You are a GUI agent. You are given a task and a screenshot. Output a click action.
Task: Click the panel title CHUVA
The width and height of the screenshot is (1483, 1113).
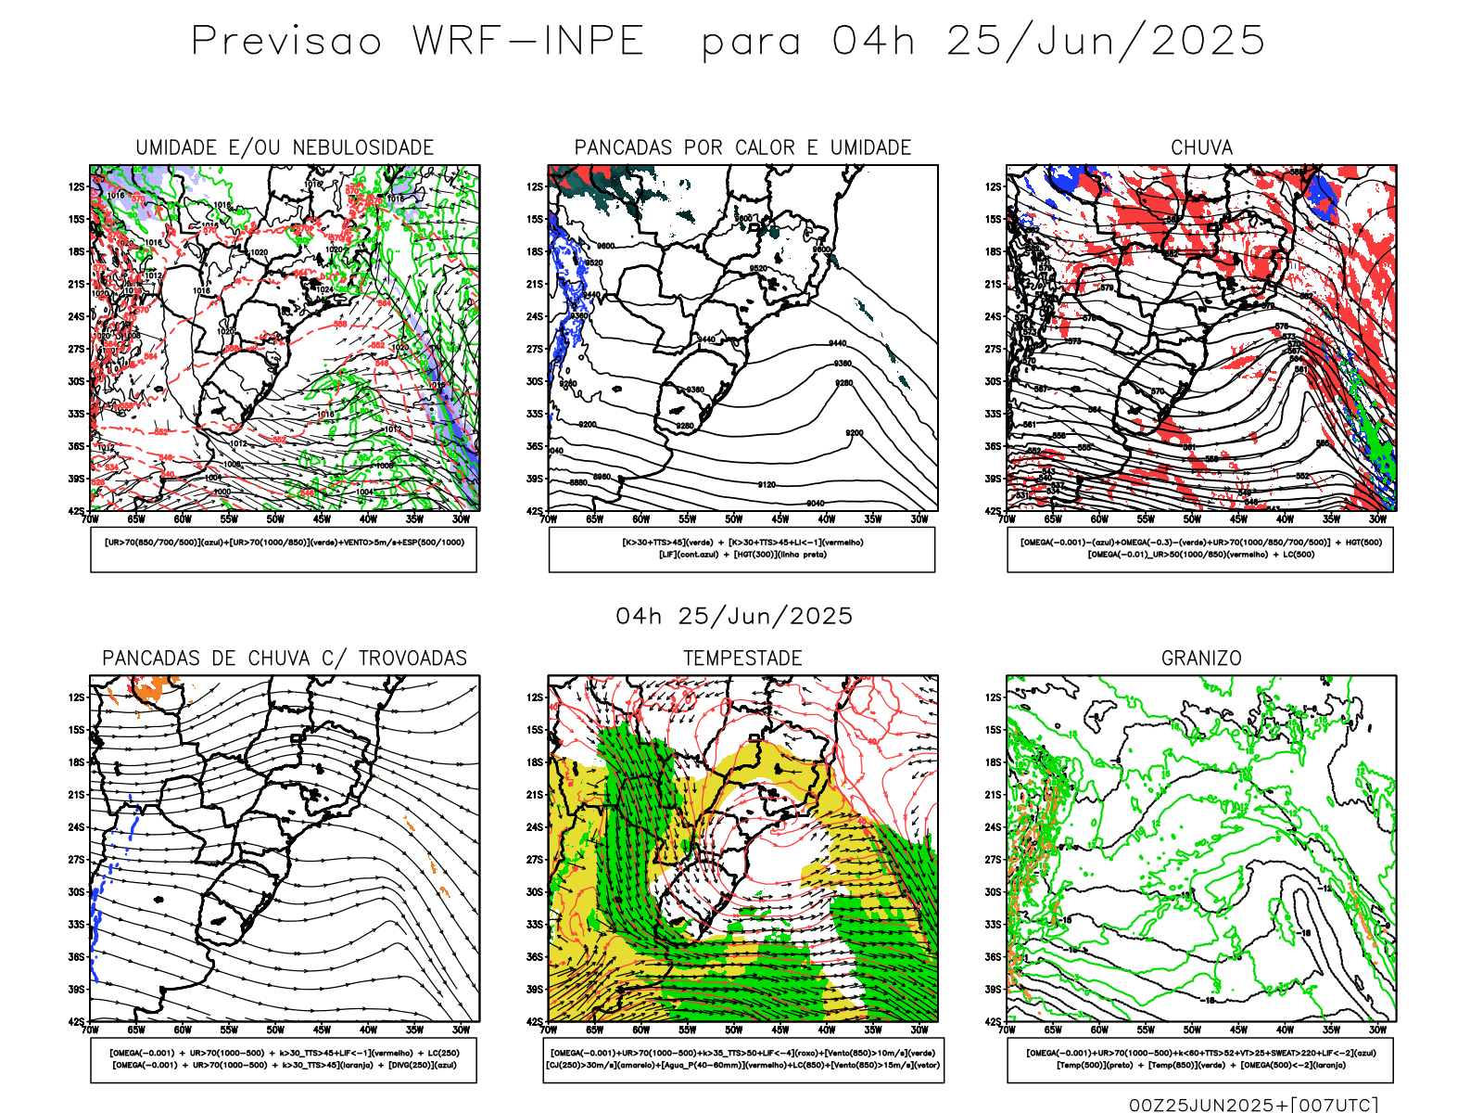click(x=1201, y=147)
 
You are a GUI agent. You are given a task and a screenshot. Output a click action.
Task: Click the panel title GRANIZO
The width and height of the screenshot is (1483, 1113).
click(x=1201, y=659)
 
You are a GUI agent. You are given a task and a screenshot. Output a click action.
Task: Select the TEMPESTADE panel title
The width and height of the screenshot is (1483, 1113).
click(x=742, y=659)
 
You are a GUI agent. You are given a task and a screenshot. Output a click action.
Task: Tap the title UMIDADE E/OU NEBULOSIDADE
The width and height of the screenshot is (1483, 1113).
click(x=285, y=147)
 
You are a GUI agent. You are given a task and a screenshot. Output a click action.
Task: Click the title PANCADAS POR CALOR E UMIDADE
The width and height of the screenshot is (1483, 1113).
click(x=742, y=147)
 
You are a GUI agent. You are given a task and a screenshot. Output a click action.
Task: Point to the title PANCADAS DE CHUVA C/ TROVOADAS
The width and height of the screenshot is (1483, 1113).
click(x=285, y=659)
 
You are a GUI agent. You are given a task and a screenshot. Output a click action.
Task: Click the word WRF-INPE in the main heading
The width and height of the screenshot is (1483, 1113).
click(x=528, y=42)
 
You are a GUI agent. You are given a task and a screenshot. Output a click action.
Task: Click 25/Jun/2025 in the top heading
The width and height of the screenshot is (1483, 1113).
click(x=1105, y=42)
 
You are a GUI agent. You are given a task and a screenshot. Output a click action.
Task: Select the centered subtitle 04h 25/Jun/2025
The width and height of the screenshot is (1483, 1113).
click(x=734, y=617)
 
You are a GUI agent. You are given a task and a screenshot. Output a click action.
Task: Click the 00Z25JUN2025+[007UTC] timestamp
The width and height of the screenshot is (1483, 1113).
click(x=1253, y=1104)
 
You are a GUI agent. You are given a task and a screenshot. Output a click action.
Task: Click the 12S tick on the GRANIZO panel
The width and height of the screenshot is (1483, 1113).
click(x=994, y=697)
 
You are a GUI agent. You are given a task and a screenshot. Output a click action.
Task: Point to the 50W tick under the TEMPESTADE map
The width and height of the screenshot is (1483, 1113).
click(x=734, y=1030)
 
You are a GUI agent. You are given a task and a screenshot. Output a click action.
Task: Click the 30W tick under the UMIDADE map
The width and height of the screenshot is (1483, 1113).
click(x=461, y=519)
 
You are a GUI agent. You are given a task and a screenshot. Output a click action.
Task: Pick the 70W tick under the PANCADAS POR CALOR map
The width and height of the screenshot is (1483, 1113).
click(x=548, y=519)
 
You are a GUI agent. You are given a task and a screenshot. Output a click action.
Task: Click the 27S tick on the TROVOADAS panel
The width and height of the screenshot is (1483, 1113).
click(x=76, y=860)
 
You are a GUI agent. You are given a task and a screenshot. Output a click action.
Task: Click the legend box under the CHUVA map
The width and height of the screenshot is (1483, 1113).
click(x=1200, y=549)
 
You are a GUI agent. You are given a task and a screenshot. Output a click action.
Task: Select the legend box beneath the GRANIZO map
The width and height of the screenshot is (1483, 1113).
click(x=1200, y=1059)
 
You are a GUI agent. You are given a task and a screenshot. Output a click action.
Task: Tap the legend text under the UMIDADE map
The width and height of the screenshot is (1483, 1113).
click(x=284, y=543)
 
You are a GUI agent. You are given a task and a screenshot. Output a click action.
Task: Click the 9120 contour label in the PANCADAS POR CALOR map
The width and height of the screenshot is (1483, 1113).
click(x=767, y=485)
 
